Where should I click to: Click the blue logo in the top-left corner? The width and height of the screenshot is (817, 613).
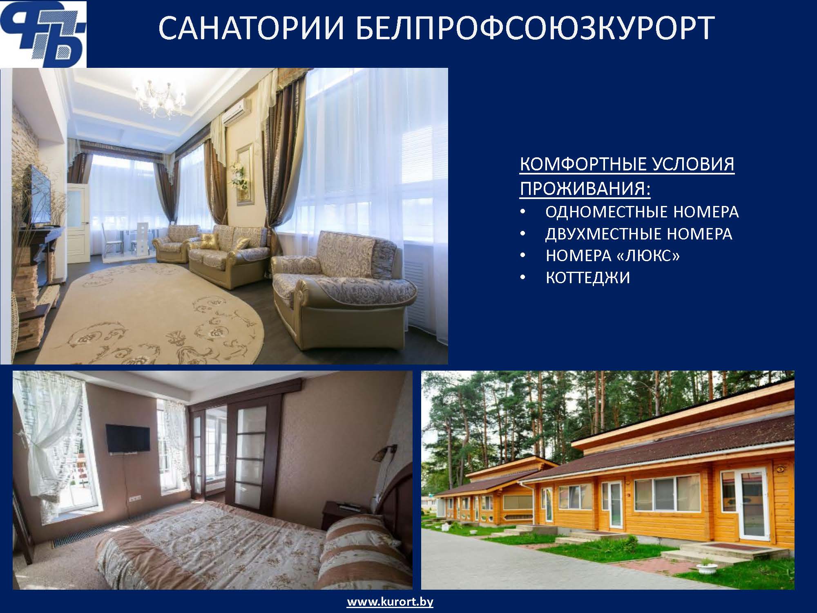(43, 34)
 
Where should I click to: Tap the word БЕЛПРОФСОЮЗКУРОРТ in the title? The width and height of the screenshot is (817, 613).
(536, 28)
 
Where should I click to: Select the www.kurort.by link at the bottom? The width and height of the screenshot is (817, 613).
(390, 602)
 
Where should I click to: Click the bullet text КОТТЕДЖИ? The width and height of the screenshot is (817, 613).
(588, 278)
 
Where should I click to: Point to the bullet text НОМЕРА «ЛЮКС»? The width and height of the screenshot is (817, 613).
(613, 256)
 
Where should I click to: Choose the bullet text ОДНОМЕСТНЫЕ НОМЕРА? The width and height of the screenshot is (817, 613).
(642, 212)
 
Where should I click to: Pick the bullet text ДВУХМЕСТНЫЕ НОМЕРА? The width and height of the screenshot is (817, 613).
(639, 234)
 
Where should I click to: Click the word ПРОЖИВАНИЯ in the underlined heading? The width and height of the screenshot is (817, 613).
(585, 189)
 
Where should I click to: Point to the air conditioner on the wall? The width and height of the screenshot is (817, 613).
(237, 110)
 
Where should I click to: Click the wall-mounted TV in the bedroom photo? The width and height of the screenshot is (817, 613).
(128, 438)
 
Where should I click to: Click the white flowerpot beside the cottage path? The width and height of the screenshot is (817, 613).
(705, 569)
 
